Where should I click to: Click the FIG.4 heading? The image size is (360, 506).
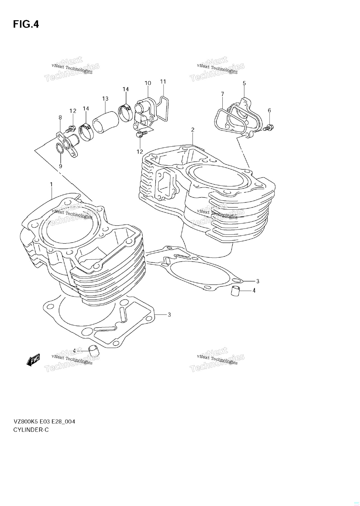click(26, 24)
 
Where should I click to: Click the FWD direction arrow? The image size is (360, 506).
click(33, 360)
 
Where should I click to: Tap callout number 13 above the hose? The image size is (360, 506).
click(105, 99)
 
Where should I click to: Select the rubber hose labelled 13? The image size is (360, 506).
click(105, 122)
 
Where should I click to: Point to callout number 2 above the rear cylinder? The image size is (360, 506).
click(193, 130)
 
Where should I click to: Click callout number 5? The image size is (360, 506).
click(244, 83)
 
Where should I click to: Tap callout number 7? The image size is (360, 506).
click(222, 94)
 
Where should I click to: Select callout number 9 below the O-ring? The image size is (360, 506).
click(60, 166)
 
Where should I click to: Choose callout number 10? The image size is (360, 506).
click(148, 83)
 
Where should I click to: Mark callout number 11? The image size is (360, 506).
click(163, 82)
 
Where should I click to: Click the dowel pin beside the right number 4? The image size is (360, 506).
click(235, 291)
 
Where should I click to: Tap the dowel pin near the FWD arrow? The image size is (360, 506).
click(93, 351)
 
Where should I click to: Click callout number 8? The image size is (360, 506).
click(60, 118)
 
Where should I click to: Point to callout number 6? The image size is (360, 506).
click(269, 110)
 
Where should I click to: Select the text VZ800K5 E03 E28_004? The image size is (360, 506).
click(44, 421)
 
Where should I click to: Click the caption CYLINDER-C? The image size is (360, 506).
click(31, 430)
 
